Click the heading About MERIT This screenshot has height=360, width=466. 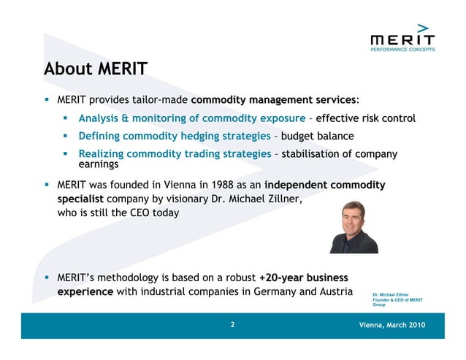[x=96, y=69]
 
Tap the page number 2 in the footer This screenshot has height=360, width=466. [x=232, y=325]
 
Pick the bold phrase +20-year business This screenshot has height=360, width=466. [x=304, y=278]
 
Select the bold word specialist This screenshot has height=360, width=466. [x=81, y=199]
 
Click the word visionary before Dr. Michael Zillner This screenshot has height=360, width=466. [x=194, y=199]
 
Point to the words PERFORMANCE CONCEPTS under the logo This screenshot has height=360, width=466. [x=402, y=50]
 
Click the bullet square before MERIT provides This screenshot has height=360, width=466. [x=47, y=99]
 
